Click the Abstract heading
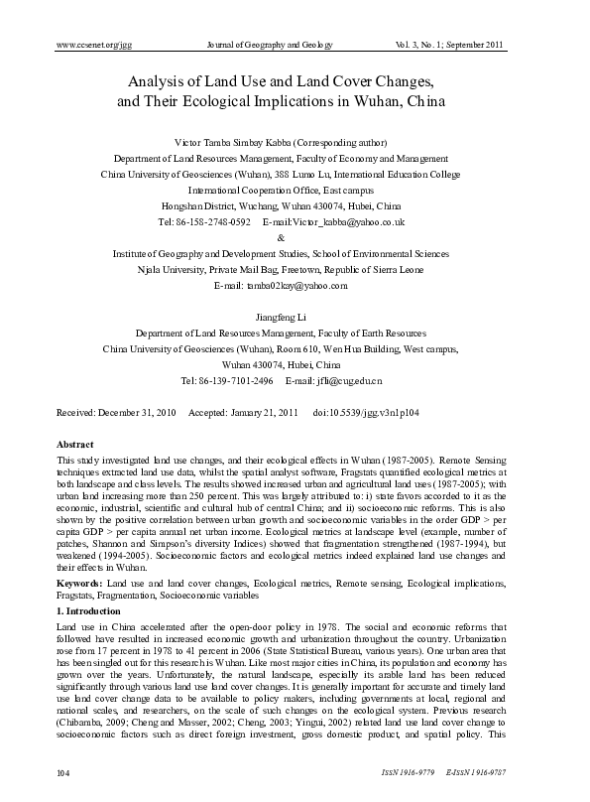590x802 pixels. (75, 447)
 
